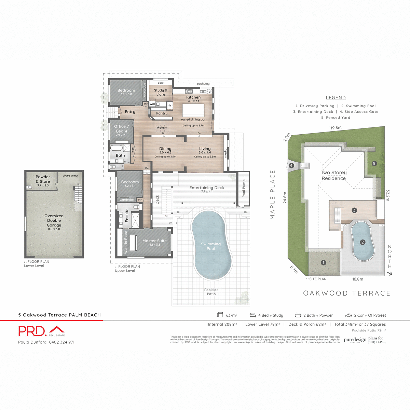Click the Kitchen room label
(193, 97)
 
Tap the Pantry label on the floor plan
(162, 113)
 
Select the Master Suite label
(154, 241)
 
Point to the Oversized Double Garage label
(54, 220)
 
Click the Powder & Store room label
(43, 179)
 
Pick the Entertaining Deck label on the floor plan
(207, 188)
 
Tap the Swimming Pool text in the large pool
(211, 246)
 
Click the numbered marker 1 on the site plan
(324, 263)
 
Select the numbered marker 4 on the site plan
(291, 166)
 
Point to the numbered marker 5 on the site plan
(374, 164)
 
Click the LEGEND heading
(336, 98)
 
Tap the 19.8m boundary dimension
(336, 128)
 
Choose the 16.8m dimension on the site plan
(358, 279)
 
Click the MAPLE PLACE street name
(273, 195)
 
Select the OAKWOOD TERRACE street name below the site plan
(346, 293)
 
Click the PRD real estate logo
(41, 331)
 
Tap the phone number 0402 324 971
(62, 342)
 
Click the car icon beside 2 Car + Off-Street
(348, 315)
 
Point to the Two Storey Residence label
(333, 175)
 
